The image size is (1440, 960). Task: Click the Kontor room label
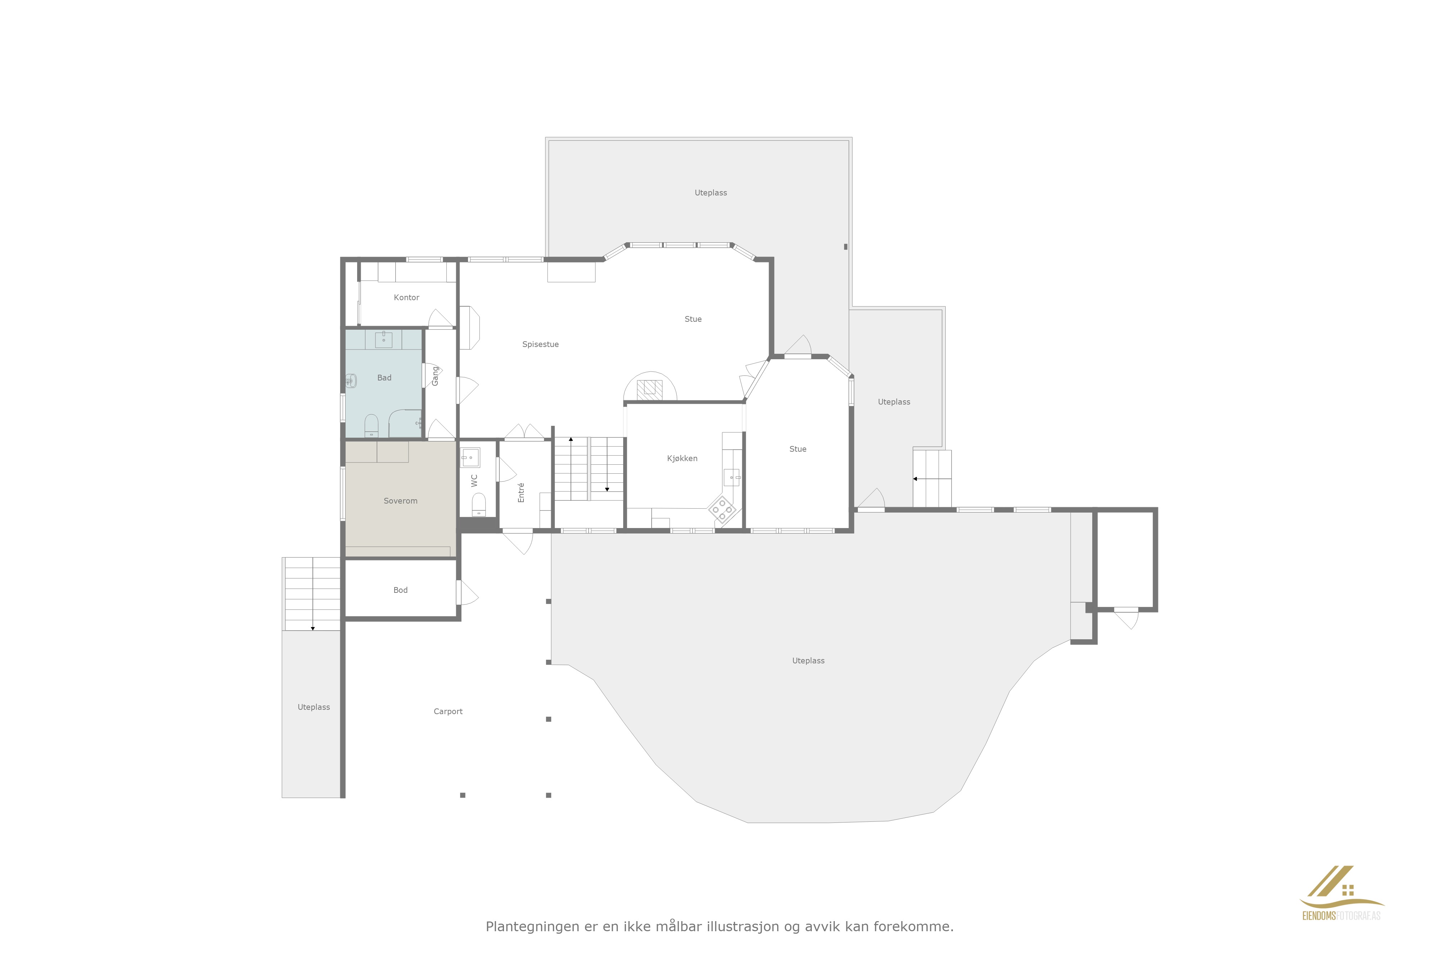(406, 298)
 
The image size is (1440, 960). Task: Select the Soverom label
(400, 501)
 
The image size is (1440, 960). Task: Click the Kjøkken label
(682, 459)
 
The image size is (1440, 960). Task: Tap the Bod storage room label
(400, 590)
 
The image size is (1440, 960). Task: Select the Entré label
(521, 492)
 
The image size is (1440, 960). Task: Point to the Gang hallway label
(435, 376)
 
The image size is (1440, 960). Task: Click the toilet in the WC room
(479, 505)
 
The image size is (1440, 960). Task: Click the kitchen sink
(731, 477)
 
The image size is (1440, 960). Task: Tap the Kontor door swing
(441, 318)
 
